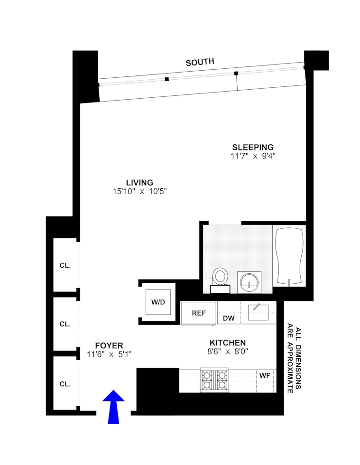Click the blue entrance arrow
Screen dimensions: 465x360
(113, 406)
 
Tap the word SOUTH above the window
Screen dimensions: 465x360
(200, 62)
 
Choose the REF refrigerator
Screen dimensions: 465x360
(198, 313)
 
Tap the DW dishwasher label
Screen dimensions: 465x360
(229, 318)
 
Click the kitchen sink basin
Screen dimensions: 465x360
(258, 312)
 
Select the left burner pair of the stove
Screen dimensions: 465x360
(207, 380)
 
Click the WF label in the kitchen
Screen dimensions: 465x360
(265, 375)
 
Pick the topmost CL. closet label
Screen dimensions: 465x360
(65, 266)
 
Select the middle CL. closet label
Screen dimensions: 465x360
(65, 325)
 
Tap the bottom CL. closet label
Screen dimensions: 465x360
(65, 384)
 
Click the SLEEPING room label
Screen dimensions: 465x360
(252, 147)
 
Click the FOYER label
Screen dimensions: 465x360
(109, 345)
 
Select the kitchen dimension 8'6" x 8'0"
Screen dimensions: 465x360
(228, 352)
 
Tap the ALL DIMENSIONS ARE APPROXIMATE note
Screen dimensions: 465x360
(294, 359)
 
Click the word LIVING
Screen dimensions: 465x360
(139, 183)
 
